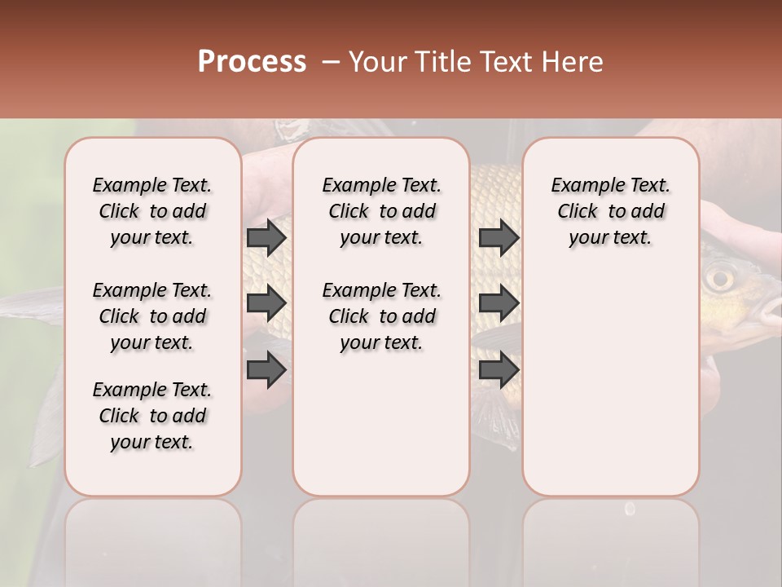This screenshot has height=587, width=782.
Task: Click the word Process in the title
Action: point(252,62)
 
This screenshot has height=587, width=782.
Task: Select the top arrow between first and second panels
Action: point(266,238)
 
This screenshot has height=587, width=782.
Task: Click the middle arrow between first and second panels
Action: point(266,303)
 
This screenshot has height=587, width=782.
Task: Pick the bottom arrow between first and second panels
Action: point(266,370)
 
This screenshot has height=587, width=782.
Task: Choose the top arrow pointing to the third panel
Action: point(499,238)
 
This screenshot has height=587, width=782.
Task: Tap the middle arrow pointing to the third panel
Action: point(499,303)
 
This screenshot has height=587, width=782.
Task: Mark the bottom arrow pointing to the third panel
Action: point(499,370)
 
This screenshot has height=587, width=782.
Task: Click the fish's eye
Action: point(719,279)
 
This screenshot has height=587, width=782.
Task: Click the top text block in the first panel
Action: point(152,211)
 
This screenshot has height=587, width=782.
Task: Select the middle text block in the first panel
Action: point(152,316)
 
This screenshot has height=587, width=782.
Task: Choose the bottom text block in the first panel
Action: point(152,416)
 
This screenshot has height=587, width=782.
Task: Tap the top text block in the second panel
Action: point(381,211)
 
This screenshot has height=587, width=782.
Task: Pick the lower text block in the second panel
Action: point(381,316)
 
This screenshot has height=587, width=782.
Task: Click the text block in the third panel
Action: point(610,211)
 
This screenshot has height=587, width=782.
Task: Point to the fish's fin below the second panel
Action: point(493,416)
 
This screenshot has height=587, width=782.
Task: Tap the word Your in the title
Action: point(376,62)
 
